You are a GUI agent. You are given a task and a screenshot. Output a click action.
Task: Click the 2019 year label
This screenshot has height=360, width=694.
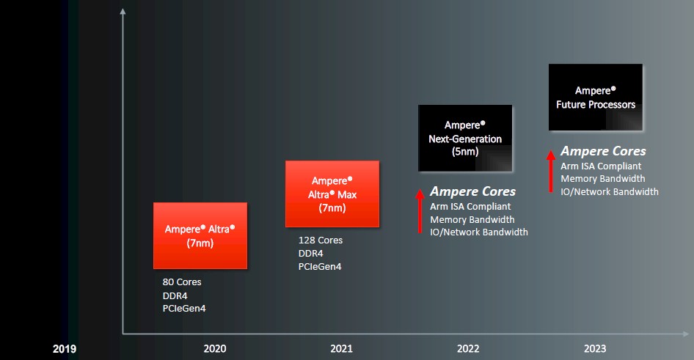[x=65, y=349]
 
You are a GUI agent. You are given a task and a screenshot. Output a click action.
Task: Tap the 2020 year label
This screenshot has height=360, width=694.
[x=215, y=349]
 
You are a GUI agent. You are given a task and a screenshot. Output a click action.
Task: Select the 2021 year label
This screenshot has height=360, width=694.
[x=342, y=349]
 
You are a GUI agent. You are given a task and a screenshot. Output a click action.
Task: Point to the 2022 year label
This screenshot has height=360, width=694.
[x=469, y=349]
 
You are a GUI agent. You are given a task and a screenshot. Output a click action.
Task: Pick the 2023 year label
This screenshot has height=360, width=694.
[x=596, y=349]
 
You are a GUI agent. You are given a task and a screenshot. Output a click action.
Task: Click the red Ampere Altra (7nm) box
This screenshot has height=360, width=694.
[x=200, y=235]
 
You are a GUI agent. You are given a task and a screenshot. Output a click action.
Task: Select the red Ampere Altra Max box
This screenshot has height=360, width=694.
[x=332, y=194]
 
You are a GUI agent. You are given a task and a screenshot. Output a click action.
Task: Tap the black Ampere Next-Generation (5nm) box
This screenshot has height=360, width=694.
[x=465, y=139]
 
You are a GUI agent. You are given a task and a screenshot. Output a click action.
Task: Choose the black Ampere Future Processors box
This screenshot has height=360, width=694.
[x=596, y=98]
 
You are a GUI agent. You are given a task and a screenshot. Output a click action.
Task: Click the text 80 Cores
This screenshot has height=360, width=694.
[x=182, y=282]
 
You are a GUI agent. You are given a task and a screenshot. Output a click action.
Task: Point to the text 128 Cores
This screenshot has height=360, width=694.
[x=320, y=240]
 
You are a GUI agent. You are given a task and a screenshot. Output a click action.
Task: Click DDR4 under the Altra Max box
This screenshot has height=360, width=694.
[x=312, y=254]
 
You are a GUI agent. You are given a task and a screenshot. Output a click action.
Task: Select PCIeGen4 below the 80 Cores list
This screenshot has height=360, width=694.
[x=184, y=309]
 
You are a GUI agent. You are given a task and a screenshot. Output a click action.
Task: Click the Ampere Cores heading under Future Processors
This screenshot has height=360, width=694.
[x=603, y=151]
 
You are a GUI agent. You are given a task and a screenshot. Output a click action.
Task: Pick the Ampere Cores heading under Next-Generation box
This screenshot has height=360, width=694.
[x=472, y=191]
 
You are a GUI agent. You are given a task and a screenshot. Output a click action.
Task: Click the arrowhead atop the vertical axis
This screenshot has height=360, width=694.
[x=123, y=10]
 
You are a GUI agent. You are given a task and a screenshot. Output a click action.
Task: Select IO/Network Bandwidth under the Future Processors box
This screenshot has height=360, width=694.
[x=610, y=192]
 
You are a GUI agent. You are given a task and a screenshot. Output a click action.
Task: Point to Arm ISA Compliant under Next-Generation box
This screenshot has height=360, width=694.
[x=470, y=207]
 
